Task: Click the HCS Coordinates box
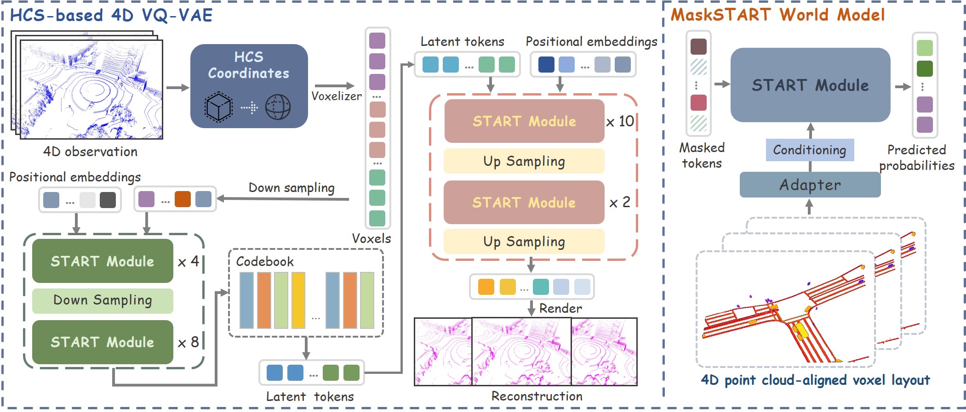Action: pyautogui.click(x=249, y=85)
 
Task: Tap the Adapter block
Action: pyautogui.click(x=810, y=185)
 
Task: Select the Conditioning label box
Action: pyautogui.click(x=810, y=150)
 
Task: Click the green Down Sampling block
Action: pyautogui.click(x=103, y=300)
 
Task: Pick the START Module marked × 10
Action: pyautogui.click(x=524, y=121)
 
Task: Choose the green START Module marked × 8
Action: pyautogui.click(x=103, y=342)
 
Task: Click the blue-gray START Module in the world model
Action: pyautogui.click(x=810, y=85)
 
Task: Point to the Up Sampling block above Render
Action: pyautogui.click(x=524, y=242)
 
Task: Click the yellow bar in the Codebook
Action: pyautogui.click(x=298, y=300)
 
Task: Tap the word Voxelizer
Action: pyautogui.click(x=336, y=96)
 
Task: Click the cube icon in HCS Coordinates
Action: pyautogui.click(x=218, y=107)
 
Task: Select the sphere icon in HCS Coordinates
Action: pyautogui.click(x=278, y=107)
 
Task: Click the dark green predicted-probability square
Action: pyautogui.click(x=925, y=68)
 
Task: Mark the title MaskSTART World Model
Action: pyautogui.click(x=777, y=15)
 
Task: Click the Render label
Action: pyautogui.click(x=560, y=308)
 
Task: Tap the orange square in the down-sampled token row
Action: pyautogui.click(x=183, y=199)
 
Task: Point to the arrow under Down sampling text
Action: pyautogui.click(x=283, y=198)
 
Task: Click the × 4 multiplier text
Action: pyautogui.click(x=189, y=261)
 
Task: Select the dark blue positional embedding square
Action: pyautogui.click(x=546, y=65)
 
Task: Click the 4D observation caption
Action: pyautogui.click(x=90, y=152)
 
